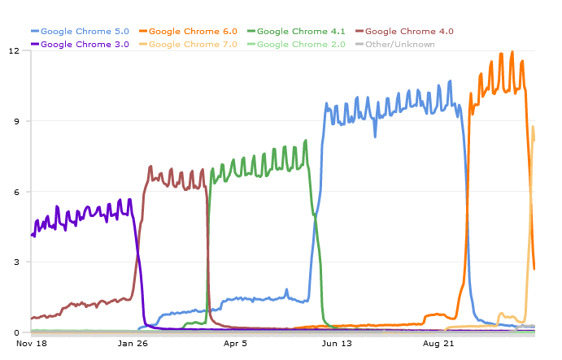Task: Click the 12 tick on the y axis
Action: (14, 50)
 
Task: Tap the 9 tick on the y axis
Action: (16, 121)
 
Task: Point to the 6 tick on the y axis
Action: (16, 192)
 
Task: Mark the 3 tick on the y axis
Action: (16, 262)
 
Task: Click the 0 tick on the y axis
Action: (16, 332)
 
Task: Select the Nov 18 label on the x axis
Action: (32, 344)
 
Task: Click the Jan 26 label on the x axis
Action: (133, 344)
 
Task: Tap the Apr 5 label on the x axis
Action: (235, 344)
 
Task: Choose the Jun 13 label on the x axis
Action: (337, 344)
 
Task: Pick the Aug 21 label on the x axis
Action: (438, 344)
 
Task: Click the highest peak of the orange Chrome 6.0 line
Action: (512, 53)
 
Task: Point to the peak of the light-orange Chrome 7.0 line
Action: (533, 127)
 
